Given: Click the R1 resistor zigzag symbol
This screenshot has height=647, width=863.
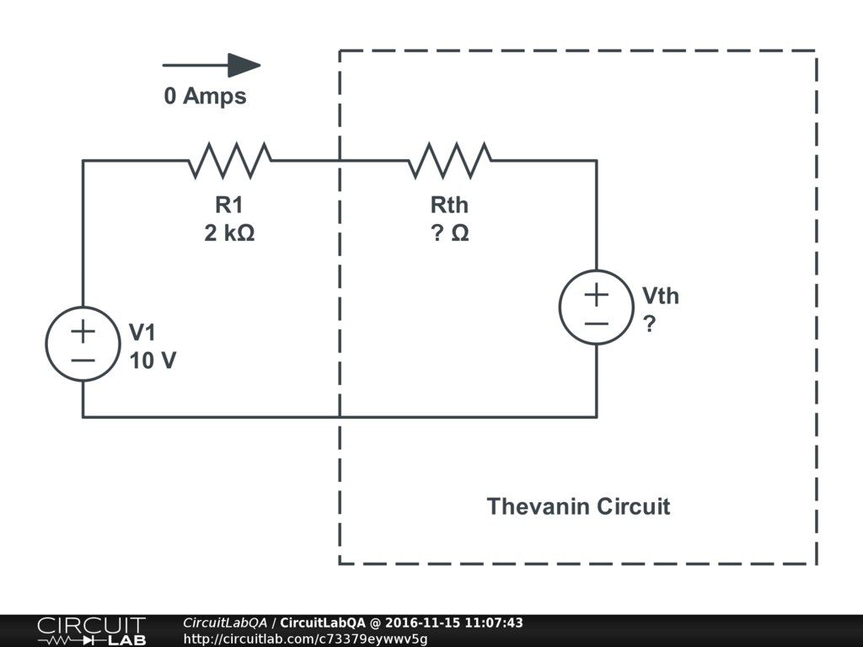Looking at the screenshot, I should pyautogui.click(x=229, y=160).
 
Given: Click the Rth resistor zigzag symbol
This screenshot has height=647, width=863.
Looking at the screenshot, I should pyautogui.click(x=450, y=160).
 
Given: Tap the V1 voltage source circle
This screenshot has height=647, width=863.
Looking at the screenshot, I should pyautogui.click(x=83, y=344).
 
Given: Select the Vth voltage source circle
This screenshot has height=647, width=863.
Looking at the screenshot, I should pyautogui.click(x=596, y=307).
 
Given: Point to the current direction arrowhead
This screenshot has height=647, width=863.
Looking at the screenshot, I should pyautogui.click(x=244, y=65).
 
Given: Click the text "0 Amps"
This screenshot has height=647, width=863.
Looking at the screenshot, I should pyautogui.click(x=205, y=96).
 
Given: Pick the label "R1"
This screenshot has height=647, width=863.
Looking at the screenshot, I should pyautogui.click(x=229, y=205).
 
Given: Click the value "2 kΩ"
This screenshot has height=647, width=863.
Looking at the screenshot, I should pyautogui.click(x=229, y=233).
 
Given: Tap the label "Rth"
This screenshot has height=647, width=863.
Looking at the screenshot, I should pyautogui.click(x=449, y=205).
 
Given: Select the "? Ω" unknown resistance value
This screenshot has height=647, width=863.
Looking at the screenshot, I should pyautogui.click(x=449, y=233).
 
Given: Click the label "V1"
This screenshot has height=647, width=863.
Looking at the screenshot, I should pyautogui.click(x=143, y=332).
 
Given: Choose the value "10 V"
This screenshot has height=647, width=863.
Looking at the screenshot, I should pyautogui.click(x=153, y=361).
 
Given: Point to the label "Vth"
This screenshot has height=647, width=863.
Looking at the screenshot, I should pyautogui.click(x=660, y=296).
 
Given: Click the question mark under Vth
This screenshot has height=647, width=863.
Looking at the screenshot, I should pyautogui.click(x=649, y=323).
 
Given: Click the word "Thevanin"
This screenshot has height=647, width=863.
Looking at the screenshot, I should pyautogui.click(x=538, y=506).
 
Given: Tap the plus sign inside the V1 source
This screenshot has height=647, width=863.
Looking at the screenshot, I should pyautogui.click(x=83, y=331).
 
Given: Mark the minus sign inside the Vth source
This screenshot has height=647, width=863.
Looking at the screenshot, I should pyautogui.click(x=596, y=323).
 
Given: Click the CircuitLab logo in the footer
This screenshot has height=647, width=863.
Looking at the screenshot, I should pyautogui.click(x=91, y=631).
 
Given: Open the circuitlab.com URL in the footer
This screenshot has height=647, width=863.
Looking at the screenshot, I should pyautogui.click(x=305, y=639).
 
